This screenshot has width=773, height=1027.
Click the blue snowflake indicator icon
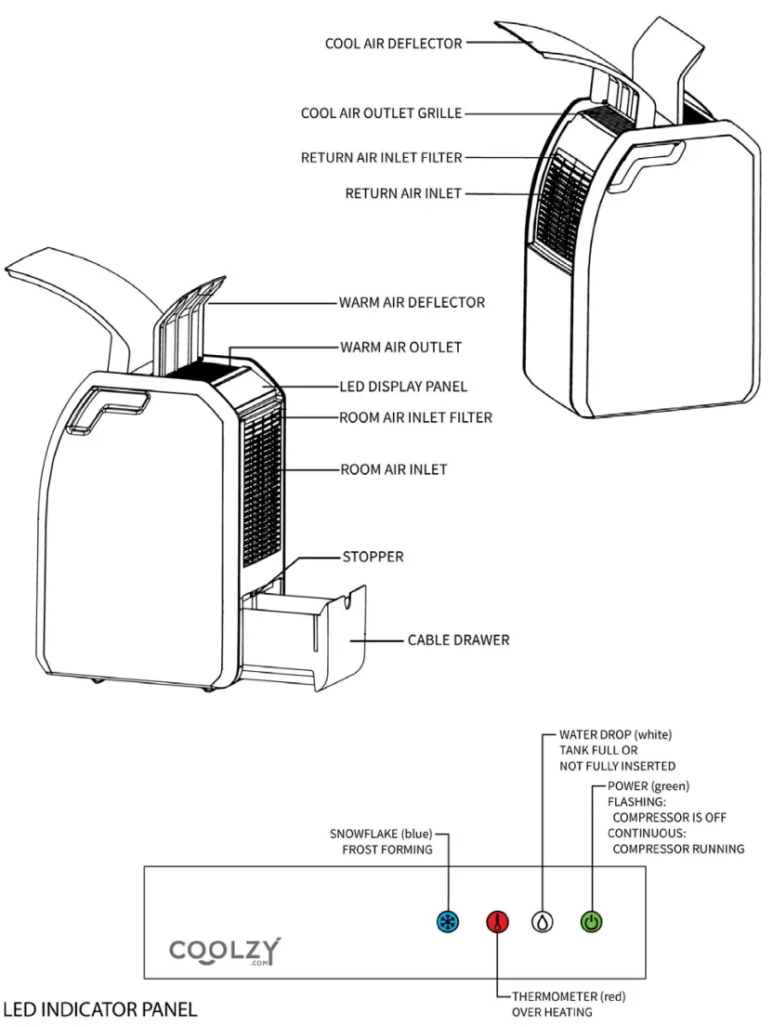coord(448,922)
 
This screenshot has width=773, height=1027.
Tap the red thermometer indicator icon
coord(498,922)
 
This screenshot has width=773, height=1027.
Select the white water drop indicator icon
coord(543,922)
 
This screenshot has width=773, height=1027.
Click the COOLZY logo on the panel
coord(225,951)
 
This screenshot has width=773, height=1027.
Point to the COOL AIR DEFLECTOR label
coord(393,43)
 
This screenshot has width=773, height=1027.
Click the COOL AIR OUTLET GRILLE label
coord(381,113)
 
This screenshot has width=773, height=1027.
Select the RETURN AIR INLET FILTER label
coord(381,158)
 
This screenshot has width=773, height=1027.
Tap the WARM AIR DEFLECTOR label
coord(412,302)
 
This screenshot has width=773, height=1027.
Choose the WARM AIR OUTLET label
coord(400,347)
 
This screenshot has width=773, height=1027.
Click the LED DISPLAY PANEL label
coord(403,386)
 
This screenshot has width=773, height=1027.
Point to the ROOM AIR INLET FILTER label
coord(415,417)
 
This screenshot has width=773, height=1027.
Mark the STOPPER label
coord(373,557)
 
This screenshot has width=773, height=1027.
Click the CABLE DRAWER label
coord(458,639)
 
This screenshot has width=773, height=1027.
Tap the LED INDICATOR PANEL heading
coord(99,1007)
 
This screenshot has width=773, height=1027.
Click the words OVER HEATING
coord(552,1011)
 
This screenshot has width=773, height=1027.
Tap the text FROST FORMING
coord(386,849)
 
